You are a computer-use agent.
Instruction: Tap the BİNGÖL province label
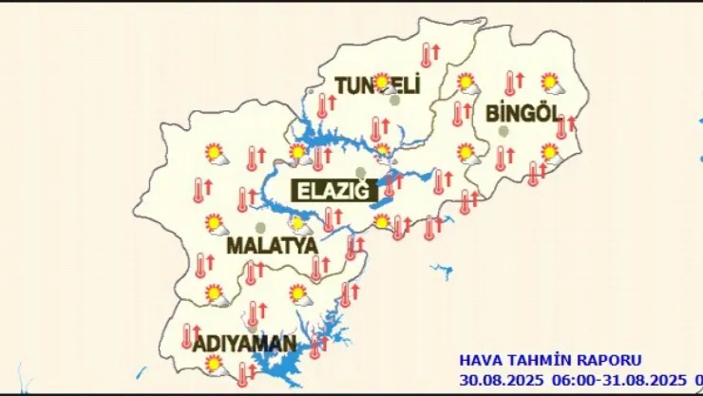[x=519, y=113]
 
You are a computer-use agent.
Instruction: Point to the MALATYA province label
[x=272, y=246]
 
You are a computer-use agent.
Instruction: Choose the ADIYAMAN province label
[x=244, y=343]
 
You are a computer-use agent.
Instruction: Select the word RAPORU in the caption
[x=608, y=361]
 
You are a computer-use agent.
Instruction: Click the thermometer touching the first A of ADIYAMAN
[x=187, y=336]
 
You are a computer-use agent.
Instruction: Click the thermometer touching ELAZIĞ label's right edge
[x=389, y=185]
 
